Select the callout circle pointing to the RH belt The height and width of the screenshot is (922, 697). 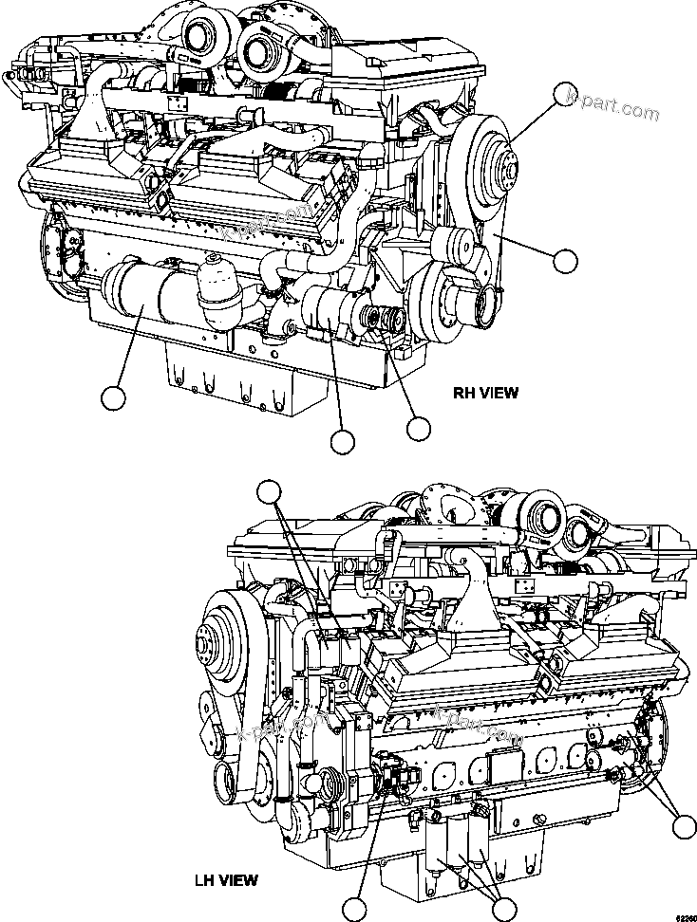tap(566, 260)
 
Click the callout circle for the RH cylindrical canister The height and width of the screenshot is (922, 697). tap(114, 397)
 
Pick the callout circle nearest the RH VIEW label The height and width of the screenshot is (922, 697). tap(419, 428)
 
